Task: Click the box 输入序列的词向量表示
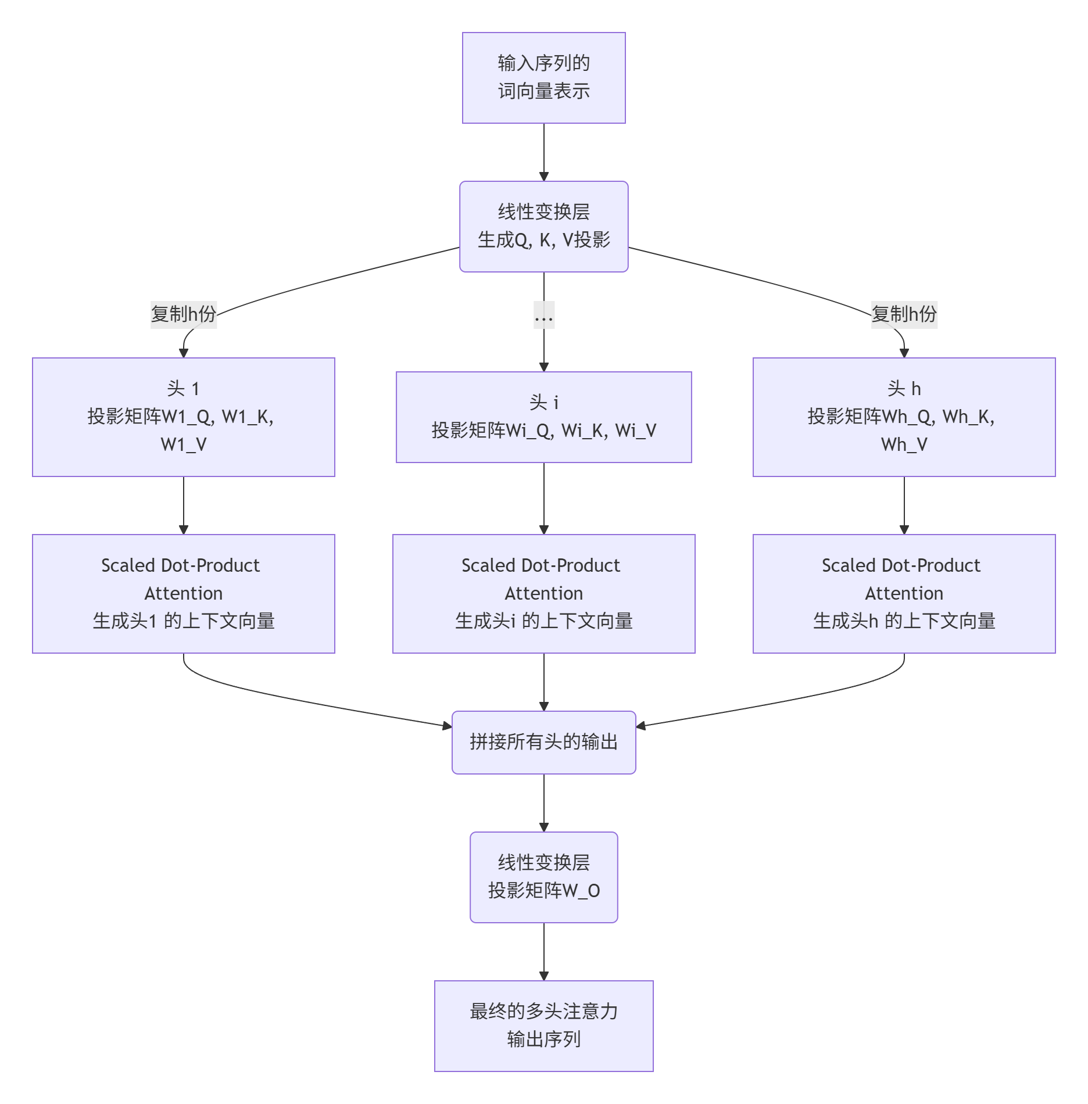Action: pos(543,77)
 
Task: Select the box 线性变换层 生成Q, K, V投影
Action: pos(543,226)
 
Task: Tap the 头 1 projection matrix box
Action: pos(183,417)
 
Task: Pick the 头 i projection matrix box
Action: pos(543,417)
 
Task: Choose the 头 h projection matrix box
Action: pos(904,417)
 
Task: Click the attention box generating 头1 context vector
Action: pos(183,593)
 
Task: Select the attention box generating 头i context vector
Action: pos(543,593)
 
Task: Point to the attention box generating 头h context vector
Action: pos(904,593)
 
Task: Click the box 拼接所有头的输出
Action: pos(543,742)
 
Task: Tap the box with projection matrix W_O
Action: pos(543,877)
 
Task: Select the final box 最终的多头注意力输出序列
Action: pos(543,1026)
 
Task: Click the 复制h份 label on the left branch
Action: pos(183,314)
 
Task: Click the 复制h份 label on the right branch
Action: pos(904,314)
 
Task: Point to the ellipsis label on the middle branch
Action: pos(543,316)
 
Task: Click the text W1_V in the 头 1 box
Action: pos(183,445)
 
